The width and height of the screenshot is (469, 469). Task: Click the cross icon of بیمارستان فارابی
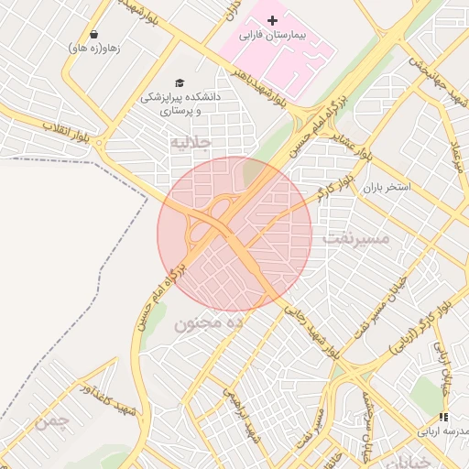click(271, 20)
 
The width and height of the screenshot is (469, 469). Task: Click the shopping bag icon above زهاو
click(95, 34)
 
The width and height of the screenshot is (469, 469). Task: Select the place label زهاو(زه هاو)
click(95, 48)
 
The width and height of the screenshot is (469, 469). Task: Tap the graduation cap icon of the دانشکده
click(179, 82)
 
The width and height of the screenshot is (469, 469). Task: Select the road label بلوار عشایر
click(352, 137)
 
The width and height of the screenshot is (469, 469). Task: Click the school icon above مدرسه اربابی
click(443, 417)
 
